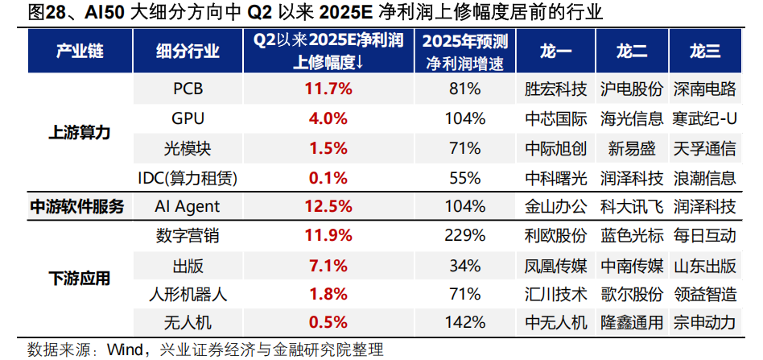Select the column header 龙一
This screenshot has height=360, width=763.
555,52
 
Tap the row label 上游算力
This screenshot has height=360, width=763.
79,133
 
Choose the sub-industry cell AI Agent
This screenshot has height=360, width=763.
188,206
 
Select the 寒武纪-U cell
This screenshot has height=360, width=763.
704,118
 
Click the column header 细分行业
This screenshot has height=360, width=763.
188,52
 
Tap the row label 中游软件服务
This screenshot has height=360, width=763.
77,206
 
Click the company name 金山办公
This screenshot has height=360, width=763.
555,206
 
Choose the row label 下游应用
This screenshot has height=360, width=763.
79,279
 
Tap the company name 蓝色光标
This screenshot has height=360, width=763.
632,236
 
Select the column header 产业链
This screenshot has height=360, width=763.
79,52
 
